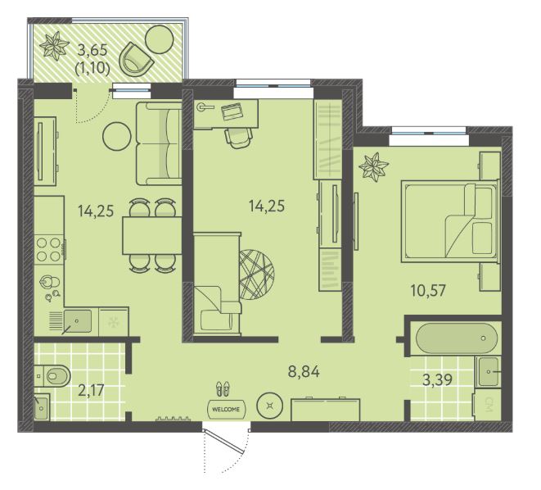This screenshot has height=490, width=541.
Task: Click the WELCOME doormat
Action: (226, 409)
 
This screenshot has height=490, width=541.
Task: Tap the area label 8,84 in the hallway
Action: (304, 371)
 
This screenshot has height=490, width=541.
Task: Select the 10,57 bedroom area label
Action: (428, 290)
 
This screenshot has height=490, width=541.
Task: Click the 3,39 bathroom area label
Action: (438, 380)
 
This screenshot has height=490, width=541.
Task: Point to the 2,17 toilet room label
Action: (91, 391)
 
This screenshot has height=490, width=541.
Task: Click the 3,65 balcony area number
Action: (92, 51)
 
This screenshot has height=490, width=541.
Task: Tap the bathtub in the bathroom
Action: (457, 338)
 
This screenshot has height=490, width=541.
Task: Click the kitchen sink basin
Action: (78, 321)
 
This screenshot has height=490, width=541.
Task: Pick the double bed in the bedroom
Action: (450, 221)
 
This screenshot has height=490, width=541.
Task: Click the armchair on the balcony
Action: (136, 60)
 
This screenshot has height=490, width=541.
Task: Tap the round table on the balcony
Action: (159, 39)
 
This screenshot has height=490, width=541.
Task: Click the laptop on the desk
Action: (231, 111)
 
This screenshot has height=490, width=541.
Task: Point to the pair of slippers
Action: (223, 388)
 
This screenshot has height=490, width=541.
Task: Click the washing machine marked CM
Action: (488, 405)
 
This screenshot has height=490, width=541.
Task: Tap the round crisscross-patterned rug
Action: (257, 274)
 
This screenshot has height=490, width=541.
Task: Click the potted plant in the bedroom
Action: (373, 166)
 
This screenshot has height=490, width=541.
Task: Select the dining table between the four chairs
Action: (152, 235)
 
